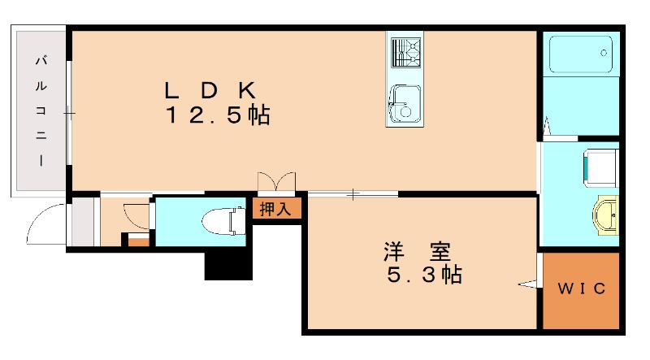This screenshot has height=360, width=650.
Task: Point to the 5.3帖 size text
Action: [423, 275]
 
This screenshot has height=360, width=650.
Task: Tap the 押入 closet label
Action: [275, 209]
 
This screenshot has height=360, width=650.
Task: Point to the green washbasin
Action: [607, 216]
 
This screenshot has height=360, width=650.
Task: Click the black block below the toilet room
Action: [227, 264]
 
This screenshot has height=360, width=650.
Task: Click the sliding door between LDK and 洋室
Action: [353, 193]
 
